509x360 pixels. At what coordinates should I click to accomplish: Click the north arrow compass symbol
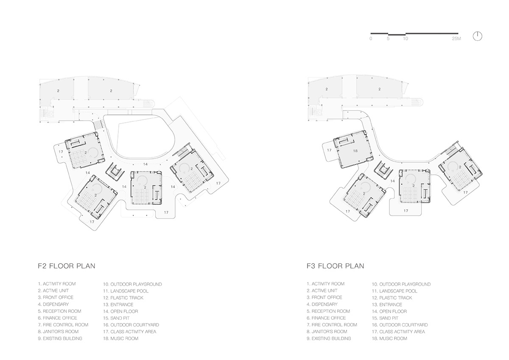click(478, 37)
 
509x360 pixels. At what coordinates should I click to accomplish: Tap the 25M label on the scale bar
click(456, 39)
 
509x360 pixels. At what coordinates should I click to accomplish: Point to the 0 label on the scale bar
click(371, 39)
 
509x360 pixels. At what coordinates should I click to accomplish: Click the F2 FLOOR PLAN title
click(67, 266)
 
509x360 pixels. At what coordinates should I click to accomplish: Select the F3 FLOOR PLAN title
click(336, 266)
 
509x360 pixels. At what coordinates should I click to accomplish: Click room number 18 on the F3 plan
click(355, 151)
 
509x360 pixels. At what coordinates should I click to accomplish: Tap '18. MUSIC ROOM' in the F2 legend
click(120, 338)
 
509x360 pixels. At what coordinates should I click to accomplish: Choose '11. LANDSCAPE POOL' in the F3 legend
click(394, 291)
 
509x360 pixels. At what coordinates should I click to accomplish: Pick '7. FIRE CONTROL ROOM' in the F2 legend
click(63, 325)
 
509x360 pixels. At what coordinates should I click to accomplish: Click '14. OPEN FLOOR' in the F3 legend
click(389, 311)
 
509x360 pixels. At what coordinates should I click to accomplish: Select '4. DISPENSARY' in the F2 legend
click(53, 304)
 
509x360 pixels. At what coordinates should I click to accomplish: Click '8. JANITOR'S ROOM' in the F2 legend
click(58, 332)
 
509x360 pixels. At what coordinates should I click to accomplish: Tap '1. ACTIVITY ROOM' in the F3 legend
click(326, 284)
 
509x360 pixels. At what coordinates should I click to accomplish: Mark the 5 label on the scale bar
click(388, 39)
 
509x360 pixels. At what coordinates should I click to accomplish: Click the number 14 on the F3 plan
click(393, 181)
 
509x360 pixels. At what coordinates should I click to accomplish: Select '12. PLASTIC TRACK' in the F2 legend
click(123, 298)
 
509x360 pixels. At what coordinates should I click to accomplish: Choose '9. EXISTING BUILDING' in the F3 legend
click(329, 338)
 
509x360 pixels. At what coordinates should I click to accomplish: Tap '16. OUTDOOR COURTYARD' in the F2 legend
click(131, 325)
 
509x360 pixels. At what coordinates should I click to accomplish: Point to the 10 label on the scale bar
click(406, 39)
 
